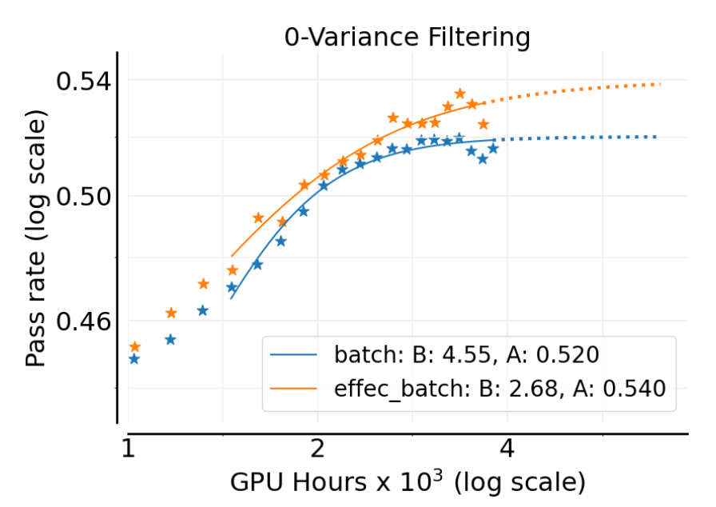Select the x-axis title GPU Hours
click(408, 482)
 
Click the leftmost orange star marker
click(135, 346)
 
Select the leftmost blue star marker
click(134, 358)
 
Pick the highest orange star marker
click(459, 94)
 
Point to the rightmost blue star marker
click(493, 148)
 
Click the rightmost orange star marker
click(483, 123)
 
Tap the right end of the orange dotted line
click(660, 84)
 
